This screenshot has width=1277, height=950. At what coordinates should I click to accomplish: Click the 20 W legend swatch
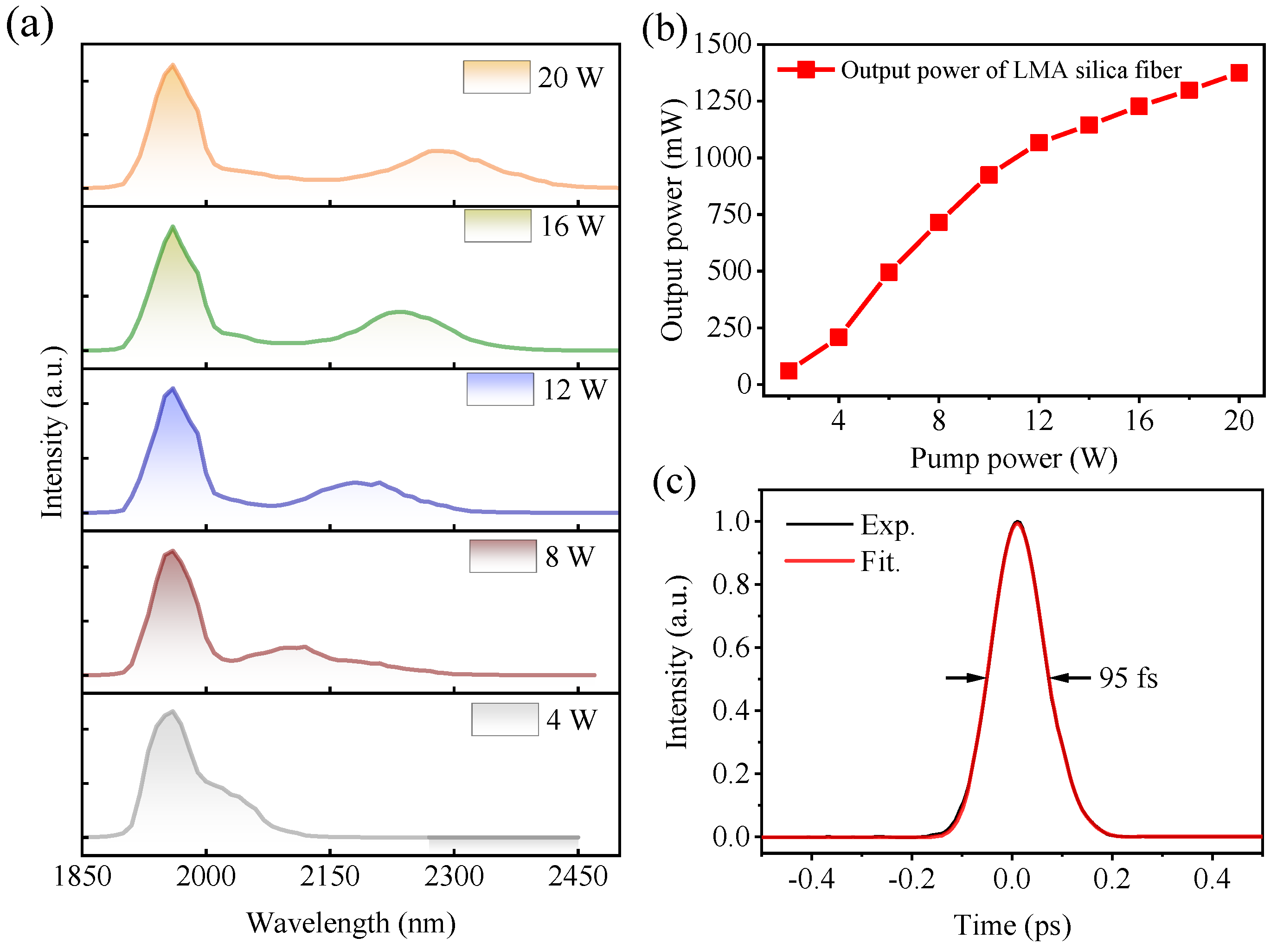[x=496, y=77]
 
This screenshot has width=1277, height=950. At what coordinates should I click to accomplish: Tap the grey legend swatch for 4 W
[x=504, y=719]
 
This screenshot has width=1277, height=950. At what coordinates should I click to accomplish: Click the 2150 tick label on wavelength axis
[x=329, y=876]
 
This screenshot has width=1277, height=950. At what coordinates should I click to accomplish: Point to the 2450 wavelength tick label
[x=577, y=876]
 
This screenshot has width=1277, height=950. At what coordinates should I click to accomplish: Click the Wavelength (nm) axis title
[x=351, y=923]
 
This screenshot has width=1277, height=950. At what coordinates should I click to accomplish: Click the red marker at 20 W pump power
[x=1238, y=73]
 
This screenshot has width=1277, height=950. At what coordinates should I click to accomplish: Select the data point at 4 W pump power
[x=838, y=337]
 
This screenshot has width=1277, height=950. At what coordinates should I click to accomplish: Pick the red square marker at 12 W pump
[x=1039, y=142]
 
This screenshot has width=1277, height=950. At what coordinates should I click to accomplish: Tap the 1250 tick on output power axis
[x=722, y=101]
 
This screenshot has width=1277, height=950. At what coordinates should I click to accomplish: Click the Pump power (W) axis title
[x=1013, y=458]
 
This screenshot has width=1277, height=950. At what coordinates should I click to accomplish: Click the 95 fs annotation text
[x=1128, y=678]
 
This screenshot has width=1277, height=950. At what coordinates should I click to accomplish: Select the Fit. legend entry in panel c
[x=879, y=562]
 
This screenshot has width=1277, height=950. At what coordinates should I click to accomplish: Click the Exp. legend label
[x=886, y=525]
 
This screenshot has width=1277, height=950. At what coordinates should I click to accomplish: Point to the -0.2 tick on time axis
[x=911, y=879]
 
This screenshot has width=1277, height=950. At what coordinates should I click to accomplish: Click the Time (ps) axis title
[x=1012, y=925]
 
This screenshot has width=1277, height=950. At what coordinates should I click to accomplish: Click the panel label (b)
[x=664, y=29]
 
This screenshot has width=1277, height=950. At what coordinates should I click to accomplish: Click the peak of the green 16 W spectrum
[x=173, y=227]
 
